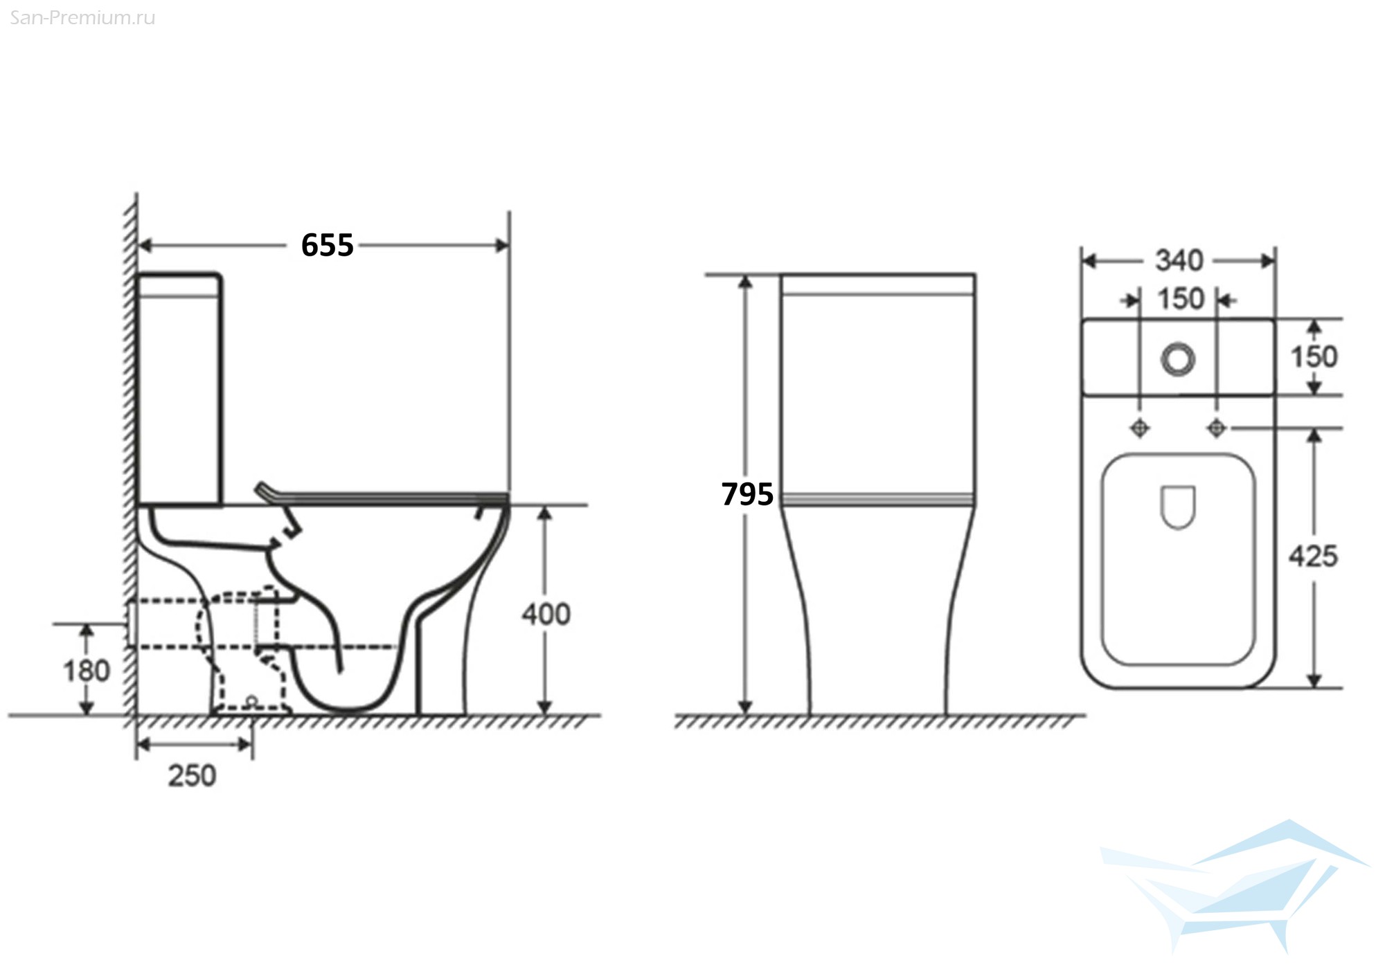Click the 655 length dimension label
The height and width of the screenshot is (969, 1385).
point(328,245)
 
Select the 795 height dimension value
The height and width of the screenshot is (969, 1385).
point(747,494)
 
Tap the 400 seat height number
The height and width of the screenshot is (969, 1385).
point(546,615)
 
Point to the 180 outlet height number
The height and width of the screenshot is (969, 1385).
point(87,671)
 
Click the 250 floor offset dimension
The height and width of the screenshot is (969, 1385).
point(192,776)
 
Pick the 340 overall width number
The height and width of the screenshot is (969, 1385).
point(1179,261)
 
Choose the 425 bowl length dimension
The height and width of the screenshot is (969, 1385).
point(1313,556)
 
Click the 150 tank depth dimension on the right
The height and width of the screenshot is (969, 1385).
point(1314,357)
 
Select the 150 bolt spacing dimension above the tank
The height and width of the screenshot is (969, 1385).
point(1181,299)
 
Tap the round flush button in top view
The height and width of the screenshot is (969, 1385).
point(1178,359)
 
